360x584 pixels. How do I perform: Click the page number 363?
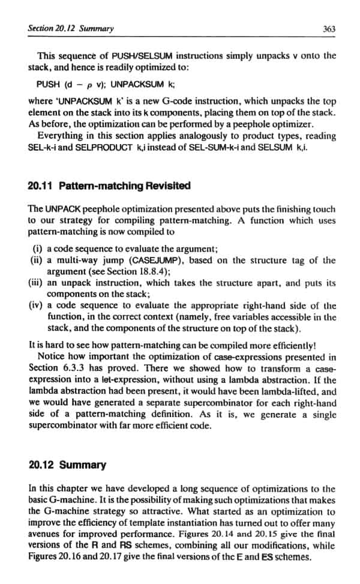pos(328,29)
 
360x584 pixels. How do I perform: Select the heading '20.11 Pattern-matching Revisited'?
pos(109,185)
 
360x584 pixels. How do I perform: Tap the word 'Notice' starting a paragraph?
pos(55,356)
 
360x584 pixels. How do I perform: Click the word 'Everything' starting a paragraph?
pos(63,136)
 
